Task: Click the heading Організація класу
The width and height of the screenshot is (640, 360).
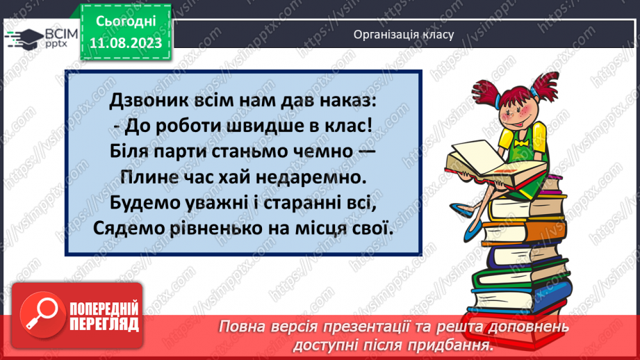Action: [403, 34]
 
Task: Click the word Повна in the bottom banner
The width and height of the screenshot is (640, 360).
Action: [245, 327]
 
